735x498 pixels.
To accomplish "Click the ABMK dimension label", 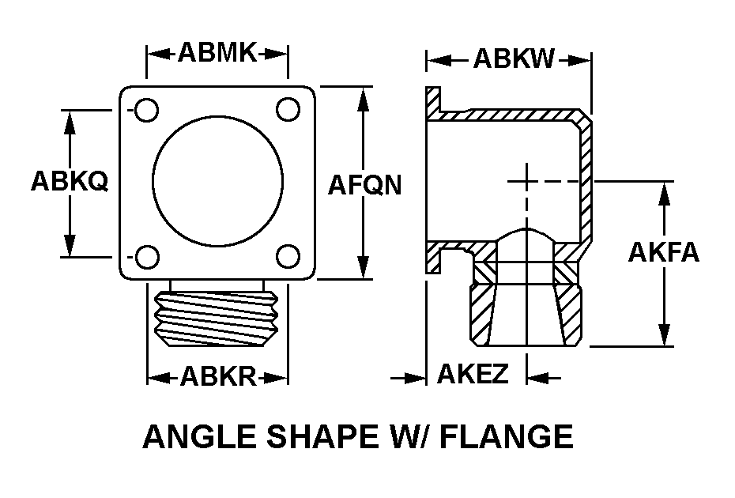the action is tap(217, 52).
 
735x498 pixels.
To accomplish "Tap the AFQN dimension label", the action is tap(364, 185).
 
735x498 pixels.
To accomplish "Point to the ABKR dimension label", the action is tap(218, 375).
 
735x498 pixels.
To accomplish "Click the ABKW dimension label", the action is tap(514, 58).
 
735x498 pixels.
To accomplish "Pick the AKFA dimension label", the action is tap(664, 252).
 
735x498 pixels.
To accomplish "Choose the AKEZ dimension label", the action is tap(473, 373).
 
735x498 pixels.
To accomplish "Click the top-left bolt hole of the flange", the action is tap(146, 110).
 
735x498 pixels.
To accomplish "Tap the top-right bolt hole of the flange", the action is tap(288, 109).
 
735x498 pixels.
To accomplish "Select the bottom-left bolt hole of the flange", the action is tap(147, 257).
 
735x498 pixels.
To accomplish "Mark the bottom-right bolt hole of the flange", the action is tap(288, 256).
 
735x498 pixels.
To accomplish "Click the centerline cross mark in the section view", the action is tap(526, 181).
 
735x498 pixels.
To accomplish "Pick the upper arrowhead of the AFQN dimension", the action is tap(362, 99).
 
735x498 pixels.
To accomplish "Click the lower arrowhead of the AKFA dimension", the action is tap(664, 335).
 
